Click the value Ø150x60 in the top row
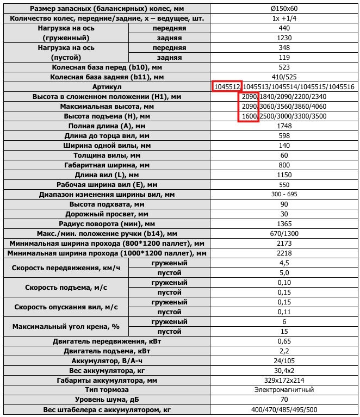(284, 8)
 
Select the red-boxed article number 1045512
(227, 87)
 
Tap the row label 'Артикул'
(107, 87)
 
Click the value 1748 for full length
(284, 126)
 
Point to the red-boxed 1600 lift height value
(249, 116)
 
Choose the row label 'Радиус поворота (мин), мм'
(107, 224)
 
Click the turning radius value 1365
(284, 224)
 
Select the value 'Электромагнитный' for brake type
(284, 390)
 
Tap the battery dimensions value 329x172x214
(284, 380)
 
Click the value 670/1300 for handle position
(284, 234)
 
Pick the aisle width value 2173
(284, 244)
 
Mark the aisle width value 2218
(284, 253)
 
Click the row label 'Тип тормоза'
(107, 390)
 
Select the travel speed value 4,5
(284, 263)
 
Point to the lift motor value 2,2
(284, 351)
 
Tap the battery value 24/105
(284, 360)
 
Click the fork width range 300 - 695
(284, 195)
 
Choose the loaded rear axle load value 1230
(284, 38)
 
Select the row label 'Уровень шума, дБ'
(107, 400)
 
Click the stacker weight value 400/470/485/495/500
(284, 409)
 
